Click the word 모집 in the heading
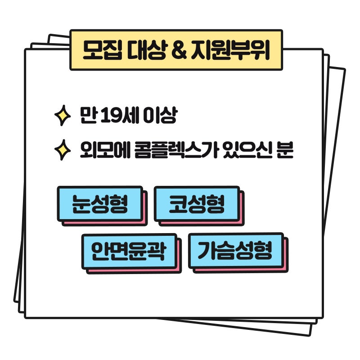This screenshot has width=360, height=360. pyautogui.click(x=103, y=50)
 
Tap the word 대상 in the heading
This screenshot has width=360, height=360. pyautogui.click(x=146, y=50)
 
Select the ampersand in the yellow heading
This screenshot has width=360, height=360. pyautogui.click(x=179, y=50)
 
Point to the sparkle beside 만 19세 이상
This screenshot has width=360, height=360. pyautogui.click(x=63, y=116)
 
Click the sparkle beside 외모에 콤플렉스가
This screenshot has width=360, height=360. pyautogui.click(x=63, y=150)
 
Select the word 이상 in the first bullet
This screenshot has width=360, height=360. pyautogui.click(x=160, y=116)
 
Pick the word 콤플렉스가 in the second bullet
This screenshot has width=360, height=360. pyautogui.click(x=176, y=150)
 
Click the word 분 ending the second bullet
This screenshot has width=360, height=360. pyautogui.click(x=285, y=150)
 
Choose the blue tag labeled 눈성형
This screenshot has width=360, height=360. pyautogui.click(x=100, y=204)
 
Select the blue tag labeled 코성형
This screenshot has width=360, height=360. pyautogui.click(x=197, y=204)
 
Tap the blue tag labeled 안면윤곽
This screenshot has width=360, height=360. pyautogui.click(x=129, y=251)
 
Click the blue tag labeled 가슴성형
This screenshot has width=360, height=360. pyautogui.click(x=236, y=251)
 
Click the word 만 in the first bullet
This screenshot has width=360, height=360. pyautogui.click(x=88, y=116)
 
